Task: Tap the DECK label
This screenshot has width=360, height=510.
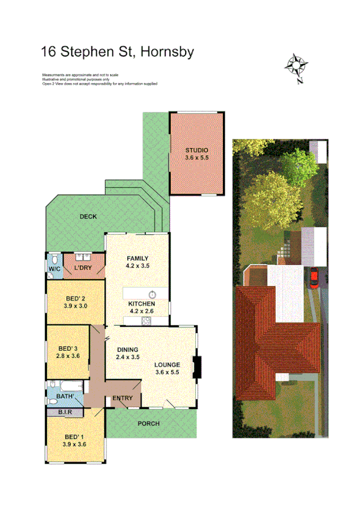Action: (x=88, y=217)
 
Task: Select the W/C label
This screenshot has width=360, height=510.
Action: (x=54, y=268)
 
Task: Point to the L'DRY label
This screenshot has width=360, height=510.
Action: (x=82, y=268)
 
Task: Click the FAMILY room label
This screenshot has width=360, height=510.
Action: (x=137, y=259)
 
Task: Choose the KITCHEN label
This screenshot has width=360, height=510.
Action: (x=142, y=304)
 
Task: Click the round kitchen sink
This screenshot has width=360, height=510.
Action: (x=153, y=294)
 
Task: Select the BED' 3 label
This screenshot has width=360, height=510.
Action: (x=67, y=348)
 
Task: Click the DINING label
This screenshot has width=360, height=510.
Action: (x=127, y=350)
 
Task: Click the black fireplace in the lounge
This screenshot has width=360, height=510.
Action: (x=197, y=367)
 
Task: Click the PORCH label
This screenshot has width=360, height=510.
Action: (x=148, y=423)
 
